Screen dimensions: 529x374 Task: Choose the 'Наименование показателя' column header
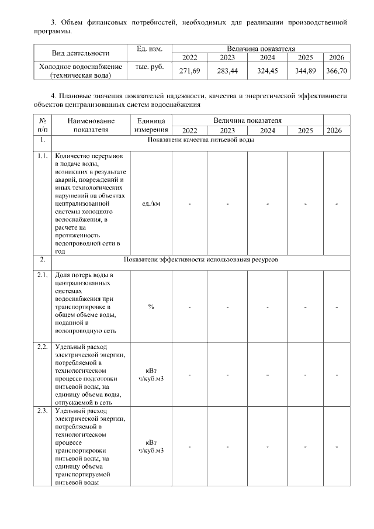92,125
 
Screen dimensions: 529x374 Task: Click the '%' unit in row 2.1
151,306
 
